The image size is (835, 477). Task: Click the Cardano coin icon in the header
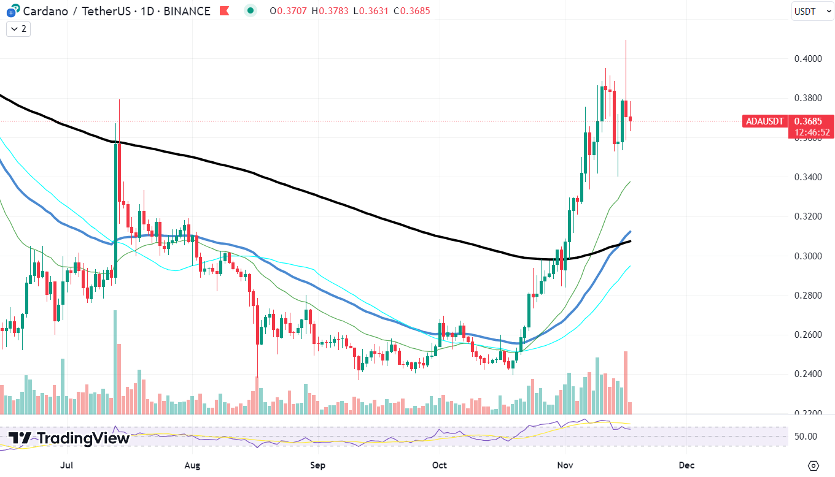[10, 11]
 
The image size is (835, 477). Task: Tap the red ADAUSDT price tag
[764, 121]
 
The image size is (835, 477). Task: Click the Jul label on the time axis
[68, 465]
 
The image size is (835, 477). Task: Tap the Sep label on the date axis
[317, 465]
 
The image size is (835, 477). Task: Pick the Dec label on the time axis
[687, 465]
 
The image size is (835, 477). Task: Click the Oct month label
[440, 465]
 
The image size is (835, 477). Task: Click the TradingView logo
[69, 438]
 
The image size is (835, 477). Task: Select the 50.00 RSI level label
[806, 437]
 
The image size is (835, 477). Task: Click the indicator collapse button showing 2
[18, 29]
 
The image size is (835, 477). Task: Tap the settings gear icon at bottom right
[814, 465]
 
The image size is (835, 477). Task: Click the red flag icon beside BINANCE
[225, 11]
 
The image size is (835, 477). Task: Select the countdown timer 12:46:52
[812, 132]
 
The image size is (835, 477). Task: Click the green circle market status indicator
[250, 10]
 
